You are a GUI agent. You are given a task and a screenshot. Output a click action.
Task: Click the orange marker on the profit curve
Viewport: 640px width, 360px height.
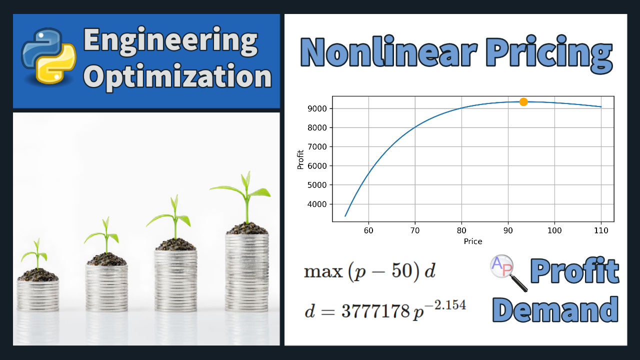523,101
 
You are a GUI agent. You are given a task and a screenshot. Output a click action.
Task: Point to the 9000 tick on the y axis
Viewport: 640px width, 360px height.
317,109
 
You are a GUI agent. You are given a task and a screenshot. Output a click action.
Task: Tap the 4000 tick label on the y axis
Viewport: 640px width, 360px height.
317,204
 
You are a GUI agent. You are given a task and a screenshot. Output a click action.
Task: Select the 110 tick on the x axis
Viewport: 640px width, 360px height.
601,230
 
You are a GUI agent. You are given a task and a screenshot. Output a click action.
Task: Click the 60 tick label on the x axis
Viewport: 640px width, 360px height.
368,230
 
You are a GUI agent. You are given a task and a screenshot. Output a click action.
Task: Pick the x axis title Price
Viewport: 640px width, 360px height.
473,241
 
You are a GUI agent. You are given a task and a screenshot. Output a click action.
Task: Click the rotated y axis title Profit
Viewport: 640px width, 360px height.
300,159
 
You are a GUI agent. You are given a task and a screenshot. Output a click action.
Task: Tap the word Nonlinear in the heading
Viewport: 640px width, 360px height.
389,51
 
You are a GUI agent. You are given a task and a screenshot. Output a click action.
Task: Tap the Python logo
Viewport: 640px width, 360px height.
48,56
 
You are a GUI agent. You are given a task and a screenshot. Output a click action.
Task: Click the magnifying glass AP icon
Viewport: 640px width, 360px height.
508,272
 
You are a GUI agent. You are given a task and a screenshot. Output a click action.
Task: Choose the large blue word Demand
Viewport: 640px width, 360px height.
555,309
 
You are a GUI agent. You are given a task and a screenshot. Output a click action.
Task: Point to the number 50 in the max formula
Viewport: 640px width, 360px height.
401,270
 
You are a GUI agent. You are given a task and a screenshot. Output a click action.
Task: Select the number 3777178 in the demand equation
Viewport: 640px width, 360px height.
375,311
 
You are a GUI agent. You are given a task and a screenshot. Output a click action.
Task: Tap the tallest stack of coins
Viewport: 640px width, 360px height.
247,272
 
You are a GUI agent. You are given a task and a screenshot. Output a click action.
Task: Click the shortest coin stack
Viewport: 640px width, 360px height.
37,295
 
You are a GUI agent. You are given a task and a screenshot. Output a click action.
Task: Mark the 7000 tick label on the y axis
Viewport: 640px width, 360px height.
317,147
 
